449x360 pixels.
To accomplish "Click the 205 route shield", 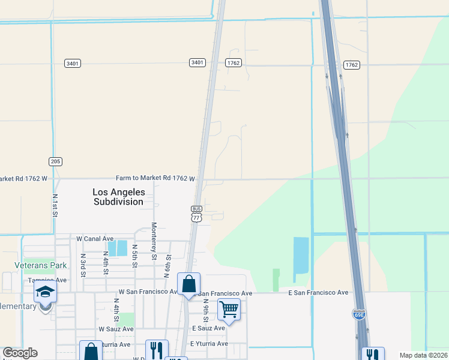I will (55, 161).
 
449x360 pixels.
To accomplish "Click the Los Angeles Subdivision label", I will (119, 197).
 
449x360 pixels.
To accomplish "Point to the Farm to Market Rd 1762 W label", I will (156, 179).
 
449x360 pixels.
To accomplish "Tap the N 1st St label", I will (55, 205).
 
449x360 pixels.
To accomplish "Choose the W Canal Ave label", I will (95, 239).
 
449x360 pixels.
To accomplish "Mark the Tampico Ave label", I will (47, 280).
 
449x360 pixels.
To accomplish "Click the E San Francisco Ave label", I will (318, 293).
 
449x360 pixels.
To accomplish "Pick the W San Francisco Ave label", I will (148, 292).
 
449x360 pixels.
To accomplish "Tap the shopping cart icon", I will (229, 309).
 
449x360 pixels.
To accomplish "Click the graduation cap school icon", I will (45, 292).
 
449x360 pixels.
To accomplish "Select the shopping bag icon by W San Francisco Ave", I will (188, 283).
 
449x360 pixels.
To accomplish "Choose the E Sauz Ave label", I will (208, 328).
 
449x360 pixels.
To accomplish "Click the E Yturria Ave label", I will (209, 344).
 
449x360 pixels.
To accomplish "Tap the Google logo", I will (20, 353).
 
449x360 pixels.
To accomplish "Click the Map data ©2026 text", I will (423, 355).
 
